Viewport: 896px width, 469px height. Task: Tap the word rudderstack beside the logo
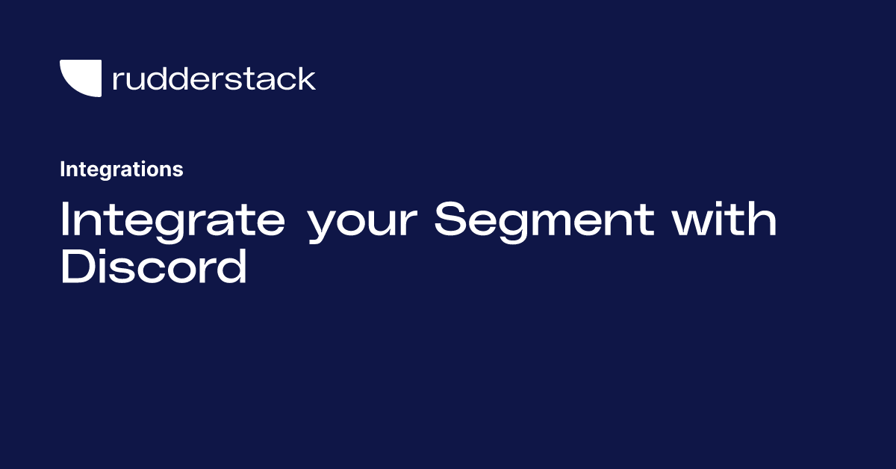click(x=214, y=78)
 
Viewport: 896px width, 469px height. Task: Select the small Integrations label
click(x=121, y=170)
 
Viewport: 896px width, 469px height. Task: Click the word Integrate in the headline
click(x=172, y=220)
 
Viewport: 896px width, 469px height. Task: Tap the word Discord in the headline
click(x=153, y=267)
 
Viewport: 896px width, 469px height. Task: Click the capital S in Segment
click(x=450, y=220)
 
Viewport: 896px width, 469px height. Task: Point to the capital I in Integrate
click(x=65, y=220)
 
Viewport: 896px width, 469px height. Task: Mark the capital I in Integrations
click(x=63, y=170)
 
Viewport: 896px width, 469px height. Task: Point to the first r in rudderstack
click(x=116, y=81)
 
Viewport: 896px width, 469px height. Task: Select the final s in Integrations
click(x=178, y=171)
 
